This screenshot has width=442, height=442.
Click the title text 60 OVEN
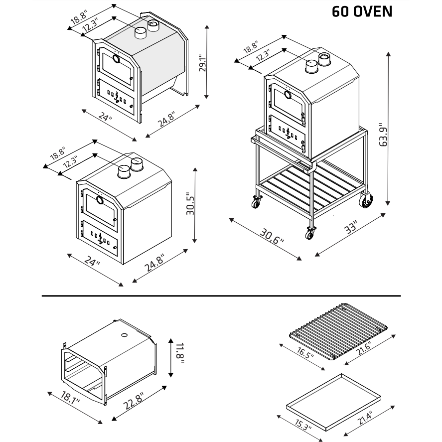tap(362, 11)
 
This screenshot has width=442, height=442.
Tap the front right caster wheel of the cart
tap(310, 233)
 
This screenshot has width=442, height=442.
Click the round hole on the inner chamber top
tap(124, 334)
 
